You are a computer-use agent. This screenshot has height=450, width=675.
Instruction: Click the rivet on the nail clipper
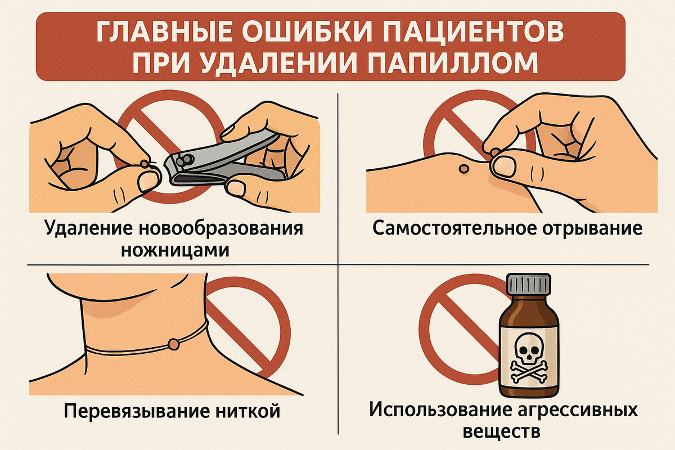(184, 161)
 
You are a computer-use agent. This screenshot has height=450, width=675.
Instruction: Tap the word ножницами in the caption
(175, 250)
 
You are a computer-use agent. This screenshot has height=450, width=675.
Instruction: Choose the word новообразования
(221, 229)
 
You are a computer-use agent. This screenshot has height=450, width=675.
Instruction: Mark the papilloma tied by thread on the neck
(174, 344)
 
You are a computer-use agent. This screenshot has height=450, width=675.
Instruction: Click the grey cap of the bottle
(529, 284)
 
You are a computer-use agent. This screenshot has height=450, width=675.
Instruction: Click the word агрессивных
(579, 411)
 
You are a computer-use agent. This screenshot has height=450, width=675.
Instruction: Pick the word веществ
(502, 433)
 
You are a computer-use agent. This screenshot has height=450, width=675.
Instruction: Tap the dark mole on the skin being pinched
(463, 169)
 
